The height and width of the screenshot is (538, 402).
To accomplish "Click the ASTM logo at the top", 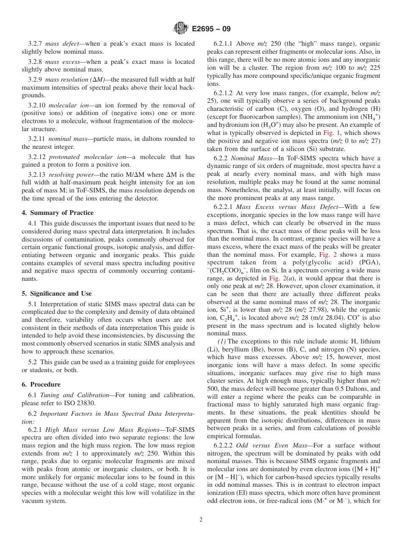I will tap(181, 29).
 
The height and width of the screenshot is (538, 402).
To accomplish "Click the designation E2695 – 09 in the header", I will tap(211, 29).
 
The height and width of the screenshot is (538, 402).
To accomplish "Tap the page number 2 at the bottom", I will tap(201, 520).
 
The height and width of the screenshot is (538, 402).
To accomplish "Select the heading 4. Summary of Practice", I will tap(58, 213).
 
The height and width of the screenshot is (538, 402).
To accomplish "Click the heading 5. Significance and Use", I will tap(57, 294).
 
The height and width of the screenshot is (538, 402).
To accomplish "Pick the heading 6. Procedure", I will tap(41, 384).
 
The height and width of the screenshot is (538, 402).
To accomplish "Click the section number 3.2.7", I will tap(35, 44).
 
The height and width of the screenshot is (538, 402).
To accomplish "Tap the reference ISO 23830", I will tap(80, 403).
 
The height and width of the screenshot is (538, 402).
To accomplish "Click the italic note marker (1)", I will tap(222, 341).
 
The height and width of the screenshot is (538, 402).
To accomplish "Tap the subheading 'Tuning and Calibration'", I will tap(74, 395).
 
